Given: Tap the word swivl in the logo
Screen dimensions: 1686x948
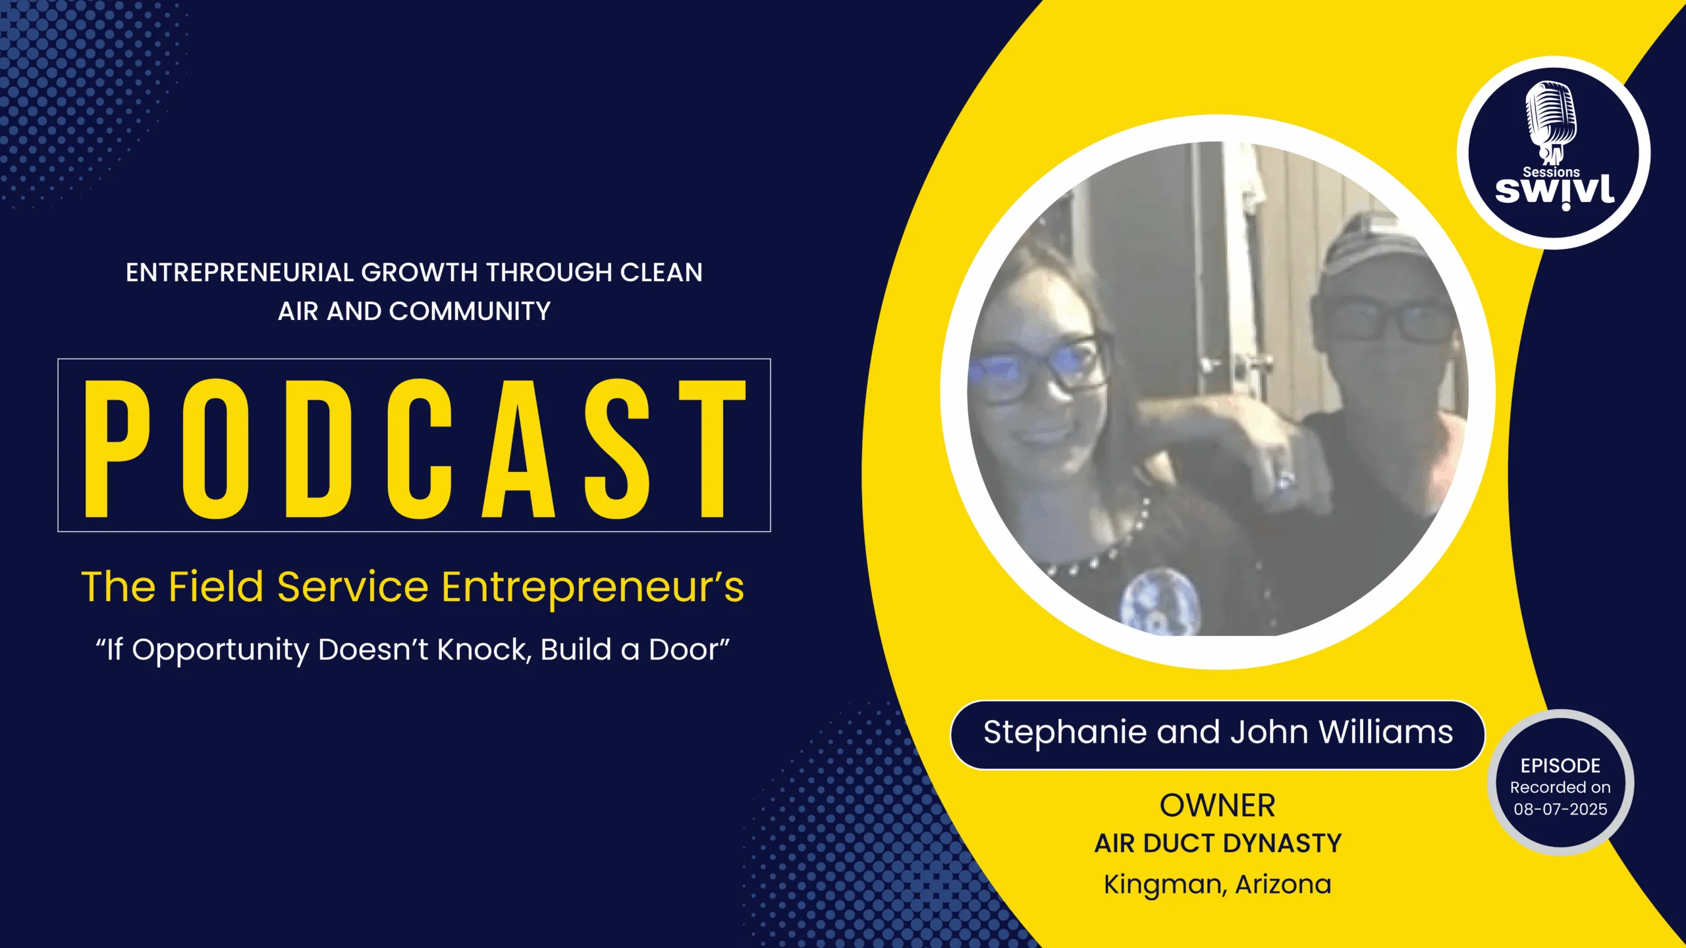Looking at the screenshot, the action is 1554,192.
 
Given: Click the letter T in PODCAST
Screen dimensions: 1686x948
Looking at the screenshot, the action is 713,448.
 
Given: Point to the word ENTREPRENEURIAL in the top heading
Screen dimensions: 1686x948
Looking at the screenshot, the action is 240,273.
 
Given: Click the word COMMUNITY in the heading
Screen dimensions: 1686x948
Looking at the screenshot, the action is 470,311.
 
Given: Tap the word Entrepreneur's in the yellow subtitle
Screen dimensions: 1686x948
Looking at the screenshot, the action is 593,588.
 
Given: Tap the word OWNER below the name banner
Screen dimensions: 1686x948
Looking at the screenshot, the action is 1218,806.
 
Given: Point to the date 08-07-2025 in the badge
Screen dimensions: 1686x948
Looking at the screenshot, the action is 1560,809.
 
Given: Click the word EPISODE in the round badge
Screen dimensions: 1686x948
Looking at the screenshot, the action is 1560,766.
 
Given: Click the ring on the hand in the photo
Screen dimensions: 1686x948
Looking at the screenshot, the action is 1283,479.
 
